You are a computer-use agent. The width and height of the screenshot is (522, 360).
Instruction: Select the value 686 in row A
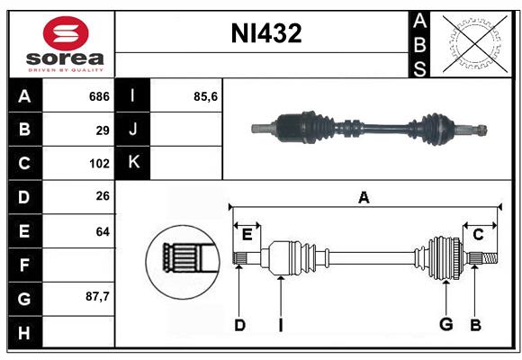tap(98, 96)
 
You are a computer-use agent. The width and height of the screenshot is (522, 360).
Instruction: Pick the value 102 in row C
tap(98, 164)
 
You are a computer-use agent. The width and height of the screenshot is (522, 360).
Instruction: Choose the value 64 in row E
tap(103, 231)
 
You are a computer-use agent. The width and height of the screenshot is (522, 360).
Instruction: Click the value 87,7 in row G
tap(97, 296)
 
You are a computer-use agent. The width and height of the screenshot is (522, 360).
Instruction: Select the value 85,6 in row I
tap(207, 96)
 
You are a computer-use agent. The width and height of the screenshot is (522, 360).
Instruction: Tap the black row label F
tap(24, 265)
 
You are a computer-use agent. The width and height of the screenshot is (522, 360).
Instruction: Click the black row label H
tap(24, 331)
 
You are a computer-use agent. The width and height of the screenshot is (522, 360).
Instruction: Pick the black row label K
tap(134, 164)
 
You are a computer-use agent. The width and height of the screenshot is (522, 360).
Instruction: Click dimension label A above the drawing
tap(364, 197)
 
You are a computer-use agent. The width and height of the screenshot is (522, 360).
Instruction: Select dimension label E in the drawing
tap(247, 235)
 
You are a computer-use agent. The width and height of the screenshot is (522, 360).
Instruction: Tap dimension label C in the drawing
tap(478, 235)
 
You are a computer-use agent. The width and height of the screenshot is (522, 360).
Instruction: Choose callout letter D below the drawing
tap(239, 325)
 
